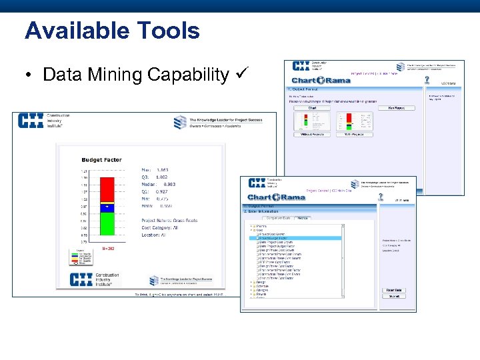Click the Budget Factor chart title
click(x=101, y=160)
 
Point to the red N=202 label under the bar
click(x=108, y=249)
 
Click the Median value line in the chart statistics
click(x=158, y=183)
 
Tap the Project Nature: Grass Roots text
click(x=169, y=220)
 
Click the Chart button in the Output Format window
click(x=312, y=107)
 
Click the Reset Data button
click(x=394, y=290)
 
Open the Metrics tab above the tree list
click(x=302, y=218)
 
